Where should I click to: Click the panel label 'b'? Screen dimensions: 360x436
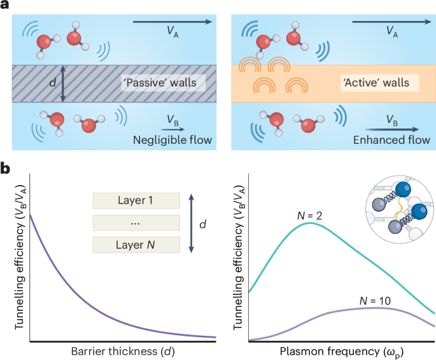(5, 170)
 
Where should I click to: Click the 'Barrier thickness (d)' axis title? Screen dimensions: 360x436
(122, 352)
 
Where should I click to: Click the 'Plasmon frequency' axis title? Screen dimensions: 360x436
(342, 352)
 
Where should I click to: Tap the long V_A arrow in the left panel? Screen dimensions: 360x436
(172, 22)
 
